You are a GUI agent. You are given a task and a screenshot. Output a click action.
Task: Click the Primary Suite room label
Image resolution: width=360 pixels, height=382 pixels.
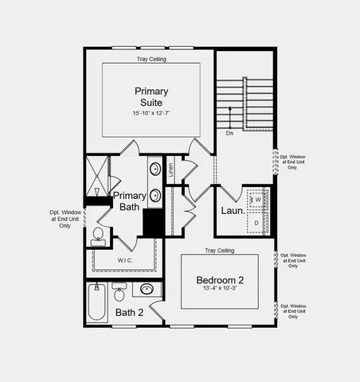(151, 96)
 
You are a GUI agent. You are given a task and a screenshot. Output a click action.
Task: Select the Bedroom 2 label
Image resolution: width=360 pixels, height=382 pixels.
(221, 280)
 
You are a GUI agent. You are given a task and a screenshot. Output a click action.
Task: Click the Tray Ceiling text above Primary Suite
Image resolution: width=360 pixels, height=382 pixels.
(151, 60)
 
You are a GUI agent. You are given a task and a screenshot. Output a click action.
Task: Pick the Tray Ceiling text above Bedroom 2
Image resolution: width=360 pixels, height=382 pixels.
(220, 251)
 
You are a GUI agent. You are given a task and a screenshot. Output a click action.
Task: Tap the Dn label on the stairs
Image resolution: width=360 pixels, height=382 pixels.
(229, 133)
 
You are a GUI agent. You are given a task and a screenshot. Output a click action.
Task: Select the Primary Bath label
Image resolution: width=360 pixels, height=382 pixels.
(129, 201)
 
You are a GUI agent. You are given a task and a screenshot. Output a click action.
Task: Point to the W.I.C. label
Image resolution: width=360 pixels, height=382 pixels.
(126, 260)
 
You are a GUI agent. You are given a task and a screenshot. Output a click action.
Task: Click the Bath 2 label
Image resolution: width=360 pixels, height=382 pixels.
(129, 313)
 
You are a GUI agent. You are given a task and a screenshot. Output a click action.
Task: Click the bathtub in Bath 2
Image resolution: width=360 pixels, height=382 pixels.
(96, 303)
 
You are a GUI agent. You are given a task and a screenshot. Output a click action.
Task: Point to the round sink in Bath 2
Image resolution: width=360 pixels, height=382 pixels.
(147, 289)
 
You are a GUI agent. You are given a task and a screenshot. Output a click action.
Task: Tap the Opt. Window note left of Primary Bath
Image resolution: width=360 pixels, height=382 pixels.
(65, 219)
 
